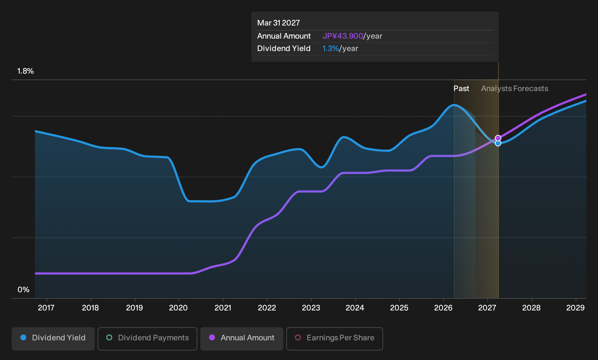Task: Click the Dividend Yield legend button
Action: (53, 339)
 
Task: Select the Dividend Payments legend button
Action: (147, 339)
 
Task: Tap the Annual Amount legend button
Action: (241, 339)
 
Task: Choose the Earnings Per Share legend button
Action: (334, 339)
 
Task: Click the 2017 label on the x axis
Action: (46, 308)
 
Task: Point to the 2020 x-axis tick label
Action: (178, 308)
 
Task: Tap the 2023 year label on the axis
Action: (311, 308)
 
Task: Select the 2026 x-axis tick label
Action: (443, 308)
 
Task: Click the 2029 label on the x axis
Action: (575, 308)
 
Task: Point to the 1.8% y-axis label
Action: (25, 71)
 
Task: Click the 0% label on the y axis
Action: (24, 290)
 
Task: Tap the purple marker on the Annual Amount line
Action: (498, 138)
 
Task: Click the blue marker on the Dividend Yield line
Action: (498, 144)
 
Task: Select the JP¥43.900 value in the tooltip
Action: (343, 36)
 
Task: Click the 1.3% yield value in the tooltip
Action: (330, 48)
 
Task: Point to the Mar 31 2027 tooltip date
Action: (279, 23)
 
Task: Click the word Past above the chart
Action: (461, 89)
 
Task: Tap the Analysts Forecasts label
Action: (515, 89)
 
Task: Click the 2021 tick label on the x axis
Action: (223, 308)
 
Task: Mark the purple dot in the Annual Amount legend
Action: (212, 337)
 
